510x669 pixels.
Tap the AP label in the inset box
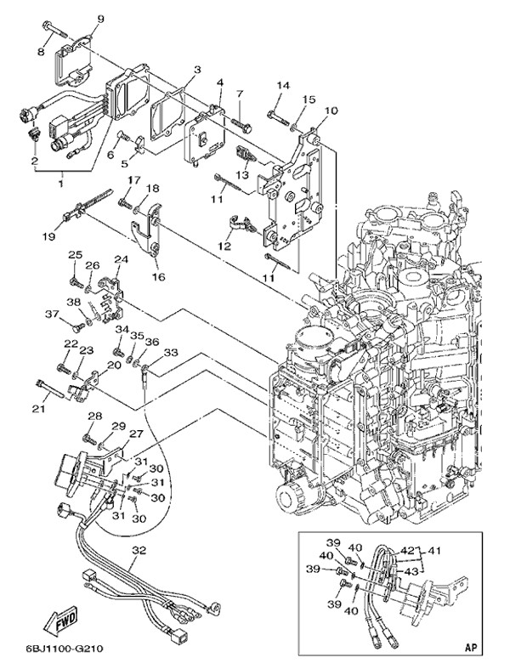[470, 647]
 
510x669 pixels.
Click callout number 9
[101, 19]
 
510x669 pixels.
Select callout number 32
[139, 551]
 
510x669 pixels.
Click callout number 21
[37, 410]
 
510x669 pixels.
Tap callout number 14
[282, 85]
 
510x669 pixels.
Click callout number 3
[196, 70]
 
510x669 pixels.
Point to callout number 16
[157, 276]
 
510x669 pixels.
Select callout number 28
[94, 416]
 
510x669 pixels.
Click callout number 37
[51, 315]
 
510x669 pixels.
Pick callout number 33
[171, 352]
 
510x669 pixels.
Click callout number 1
[60, 183]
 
